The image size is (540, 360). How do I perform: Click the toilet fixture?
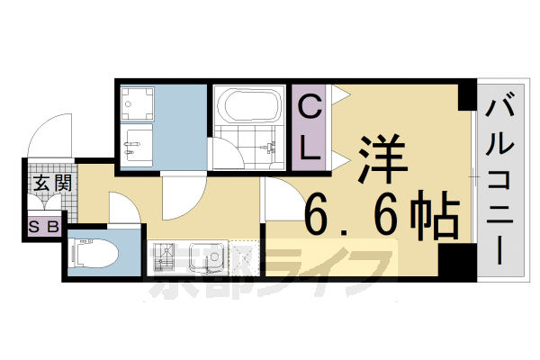[x=94, y=254]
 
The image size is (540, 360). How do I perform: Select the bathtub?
[x=247, y=108]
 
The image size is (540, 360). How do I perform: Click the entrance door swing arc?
[x=47, y=135]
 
